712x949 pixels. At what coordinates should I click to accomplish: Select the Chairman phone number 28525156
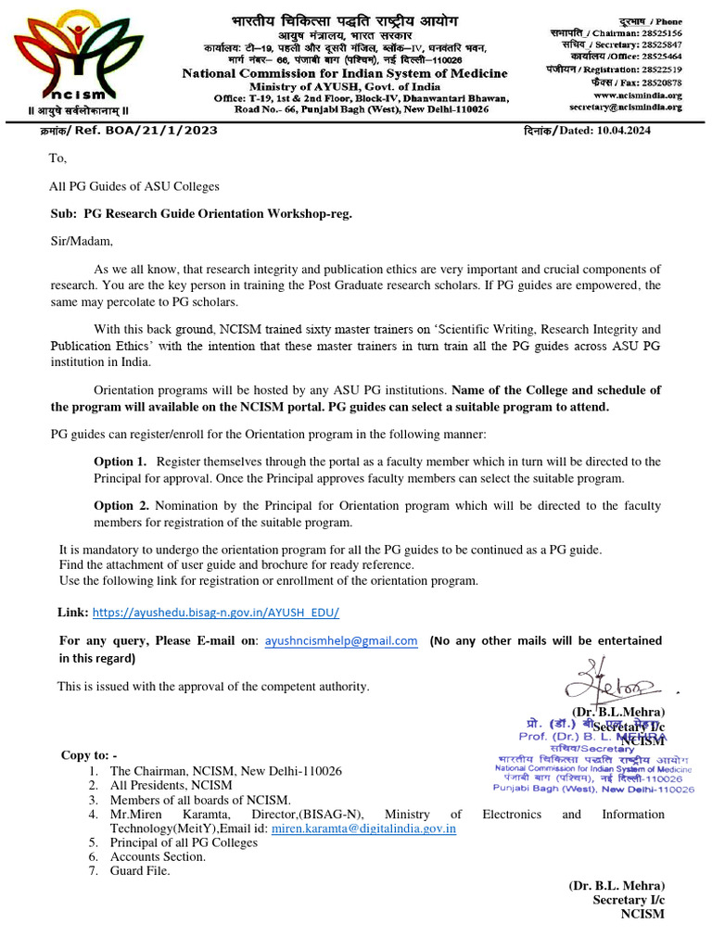click(658, 32)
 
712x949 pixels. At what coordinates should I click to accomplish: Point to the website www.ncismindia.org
click(638, 95)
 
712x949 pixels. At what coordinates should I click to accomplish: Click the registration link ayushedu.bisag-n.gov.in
click(216, 613)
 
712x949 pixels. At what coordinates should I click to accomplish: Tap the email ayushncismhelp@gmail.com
click(341, 640)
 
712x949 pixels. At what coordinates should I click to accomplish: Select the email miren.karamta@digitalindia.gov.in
click(363, 829)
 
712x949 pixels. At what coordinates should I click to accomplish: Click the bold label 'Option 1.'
click(120, 462)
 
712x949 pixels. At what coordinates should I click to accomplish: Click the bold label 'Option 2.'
click(121, 506)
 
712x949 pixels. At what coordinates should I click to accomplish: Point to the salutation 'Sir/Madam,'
click(81, 242)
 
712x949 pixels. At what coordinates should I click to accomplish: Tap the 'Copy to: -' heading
click(89, 755)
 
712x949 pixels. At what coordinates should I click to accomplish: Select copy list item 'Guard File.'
click(140, 870)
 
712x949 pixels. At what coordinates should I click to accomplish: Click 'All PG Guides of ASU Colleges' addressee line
click(133, 186)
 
